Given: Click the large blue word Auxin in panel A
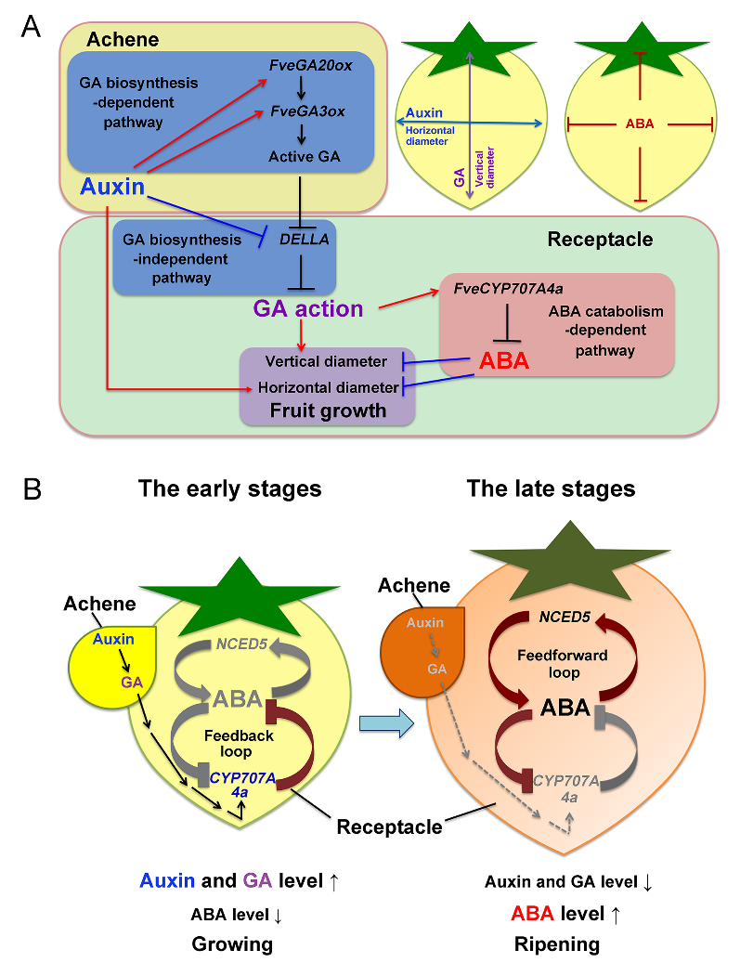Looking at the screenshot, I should coord(111,186).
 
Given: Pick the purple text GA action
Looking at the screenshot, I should coord(307,307).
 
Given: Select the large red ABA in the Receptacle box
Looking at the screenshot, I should coord(502,360).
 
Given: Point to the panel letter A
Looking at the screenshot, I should coord(30,27).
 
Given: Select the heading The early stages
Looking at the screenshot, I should coord(230,488).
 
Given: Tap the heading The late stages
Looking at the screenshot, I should coord(552,488).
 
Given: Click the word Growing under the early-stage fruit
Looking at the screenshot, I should coord(232,944).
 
